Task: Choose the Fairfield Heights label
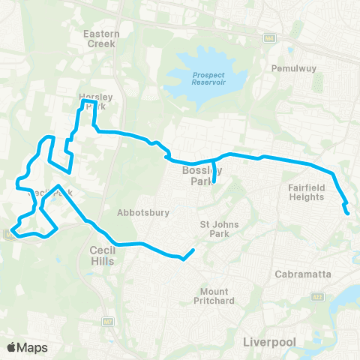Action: [306, 192]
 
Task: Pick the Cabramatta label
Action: [304, 274]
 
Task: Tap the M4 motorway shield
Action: [268, 37]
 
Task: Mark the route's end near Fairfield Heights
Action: [349, 213]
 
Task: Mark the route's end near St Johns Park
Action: [194, 250]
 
